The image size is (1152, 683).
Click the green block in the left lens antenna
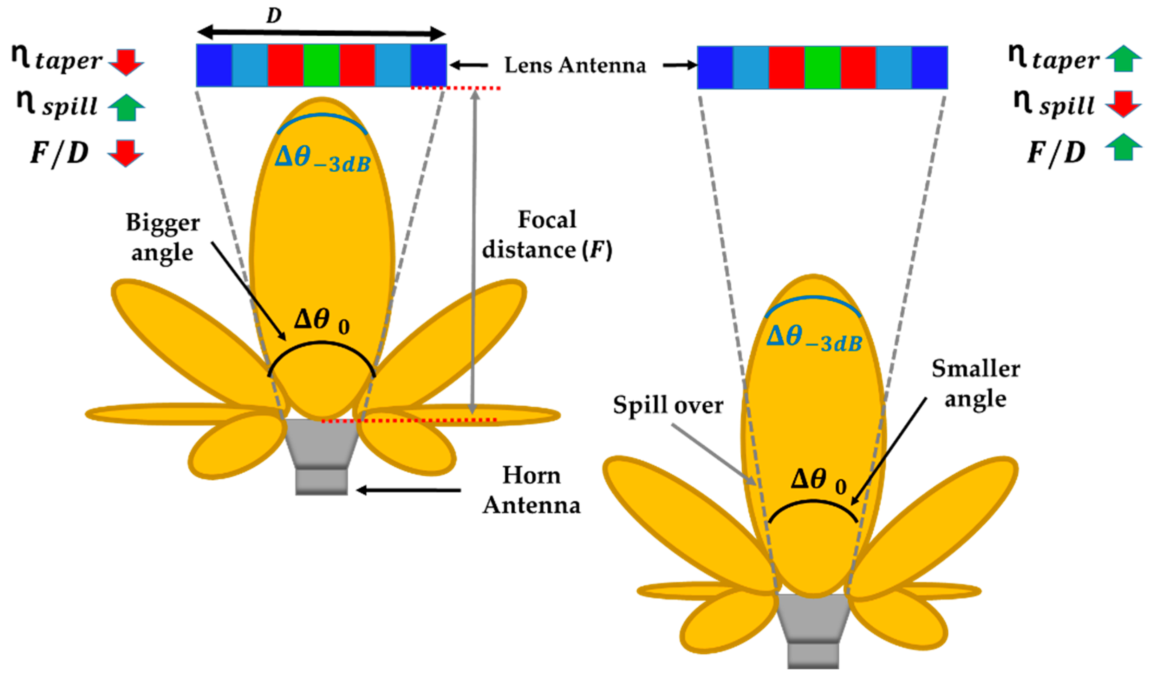click(322, 65)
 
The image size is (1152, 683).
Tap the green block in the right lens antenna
click(823, 68)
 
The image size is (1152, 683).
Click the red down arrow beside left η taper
click(126, 62)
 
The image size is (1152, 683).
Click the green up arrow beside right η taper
click(1124, 59)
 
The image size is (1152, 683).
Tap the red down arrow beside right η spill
click(1124, 104)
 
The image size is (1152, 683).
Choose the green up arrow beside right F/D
click(1124, 147)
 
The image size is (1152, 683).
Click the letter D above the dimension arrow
click(274, 16)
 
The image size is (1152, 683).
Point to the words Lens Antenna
click(575, 65)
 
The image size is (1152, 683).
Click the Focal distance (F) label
click(547, 235)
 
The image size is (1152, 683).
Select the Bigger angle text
click(162, 238)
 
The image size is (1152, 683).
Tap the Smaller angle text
click(976, 383)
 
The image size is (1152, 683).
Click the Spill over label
click(668, 405)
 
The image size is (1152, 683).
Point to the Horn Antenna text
click(532, 491)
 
